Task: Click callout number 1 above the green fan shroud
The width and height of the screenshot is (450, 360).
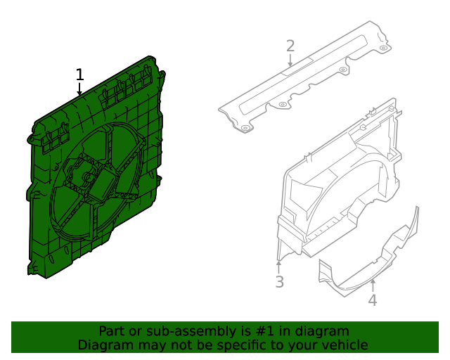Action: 79,75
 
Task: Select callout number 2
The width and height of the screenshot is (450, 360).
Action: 290,46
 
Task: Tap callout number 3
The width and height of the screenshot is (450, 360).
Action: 279,283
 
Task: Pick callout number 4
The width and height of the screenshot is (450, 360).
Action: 373,301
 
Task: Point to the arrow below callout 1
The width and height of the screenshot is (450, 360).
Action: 79,89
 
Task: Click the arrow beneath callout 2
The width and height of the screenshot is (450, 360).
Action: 290,61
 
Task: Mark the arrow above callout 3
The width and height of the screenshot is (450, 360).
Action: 279,266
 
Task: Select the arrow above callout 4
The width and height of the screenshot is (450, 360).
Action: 373,285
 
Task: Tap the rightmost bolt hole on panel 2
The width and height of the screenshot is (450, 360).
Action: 382,49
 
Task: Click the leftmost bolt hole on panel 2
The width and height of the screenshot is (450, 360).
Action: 245,129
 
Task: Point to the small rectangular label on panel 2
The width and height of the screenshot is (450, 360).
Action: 290,68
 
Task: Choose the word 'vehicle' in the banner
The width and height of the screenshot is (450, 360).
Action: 344,345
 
